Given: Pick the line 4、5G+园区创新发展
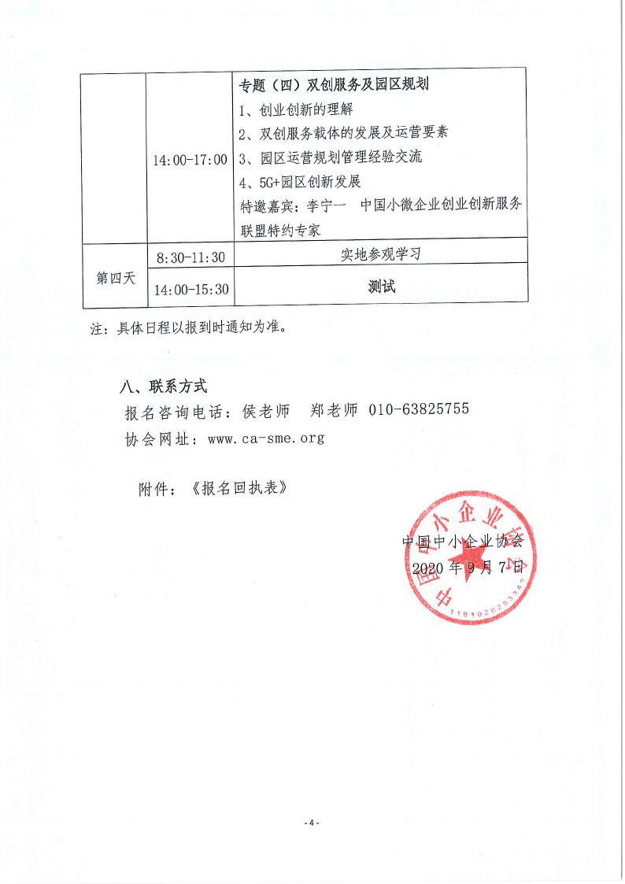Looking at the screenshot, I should (300, 182).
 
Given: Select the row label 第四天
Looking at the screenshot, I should (116, 277).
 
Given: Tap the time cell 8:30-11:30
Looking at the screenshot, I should (190, 257).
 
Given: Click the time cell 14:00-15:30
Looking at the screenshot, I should (191, 290).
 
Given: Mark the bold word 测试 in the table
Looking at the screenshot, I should (382, 287).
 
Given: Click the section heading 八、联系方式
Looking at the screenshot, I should (163, 387).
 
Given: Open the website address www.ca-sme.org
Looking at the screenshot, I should (266, 438).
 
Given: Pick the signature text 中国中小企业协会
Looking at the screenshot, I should (462, 542).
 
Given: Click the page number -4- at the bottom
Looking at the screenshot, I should (312, 823).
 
